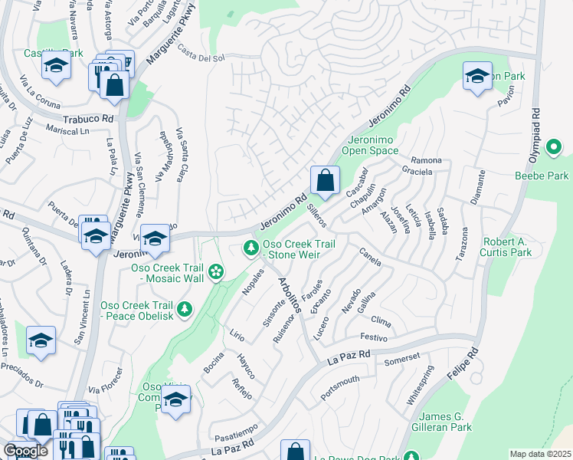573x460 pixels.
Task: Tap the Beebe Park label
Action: click(x=542, y=176)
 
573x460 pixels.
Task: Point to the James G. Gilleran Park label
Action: click(x=437, y=422)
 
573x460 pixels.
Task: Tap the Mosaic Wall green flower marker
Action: click(x=217, y=271)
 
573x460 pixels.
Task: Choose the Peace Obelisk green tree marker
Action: click(x=184, y=309)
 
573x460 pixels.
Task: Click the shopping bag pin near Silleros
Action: click(x=325, y=182)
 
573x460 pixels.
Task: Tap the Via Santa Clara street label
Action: click(x=182, y=153)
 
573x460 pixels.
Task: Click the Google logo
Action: click(x=25, y=451)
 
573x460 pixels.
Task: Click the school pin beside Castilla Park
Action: click(x=56, y=67)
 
